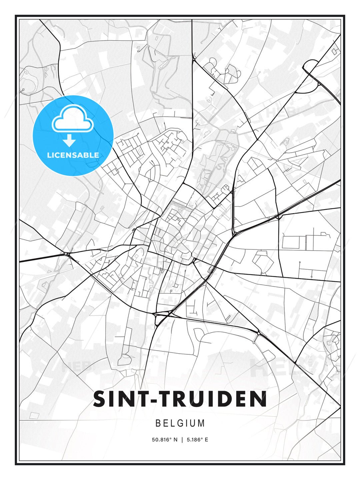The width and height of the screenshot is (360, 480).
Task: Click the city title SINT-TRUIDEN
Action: [180, 399]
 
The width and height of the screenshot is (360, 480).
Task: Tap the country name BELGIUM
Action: [180, 423]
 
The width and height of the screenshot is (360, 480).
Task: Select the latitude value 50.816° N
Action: [165, 440]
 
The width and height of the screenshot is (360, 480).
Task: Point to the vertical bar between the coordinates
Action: [182, 440]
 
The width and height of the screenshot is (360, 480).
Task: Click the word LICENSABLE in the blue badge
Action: [73, 155]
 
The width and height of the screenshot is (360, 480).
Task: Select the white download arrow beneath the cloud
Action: [69, 140]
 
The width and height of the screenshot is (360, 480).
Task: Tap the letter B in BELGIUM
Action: [158, 423]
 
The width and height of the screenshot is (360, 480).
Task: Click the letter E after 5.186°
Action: [206, 440]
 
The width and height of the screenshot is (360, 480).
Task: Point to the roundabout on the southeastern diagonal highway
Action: [259, 333]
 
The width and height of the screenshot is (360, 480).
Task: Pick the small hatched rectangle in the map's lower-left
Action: [34, 415]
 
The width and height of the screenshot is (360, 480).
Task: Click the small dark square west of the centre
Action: [134, 230]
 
